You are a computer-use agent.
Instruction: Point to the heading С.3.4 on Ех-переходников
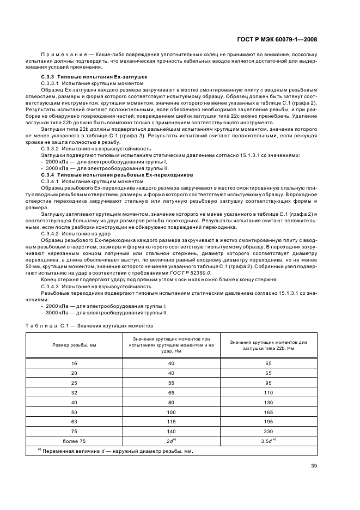[x=117, y=175]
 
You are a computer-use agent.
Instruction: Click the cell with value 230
[x=267, y=429]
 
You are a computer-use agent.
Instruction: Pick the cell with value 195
[x=267, y=420]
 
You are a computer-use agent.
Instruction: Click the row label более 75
[x=74, y=439]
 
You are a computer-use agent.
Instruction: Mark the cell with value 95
[x=267, y=382]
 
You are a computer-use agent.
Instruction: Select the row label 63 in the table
[x=74, y=420]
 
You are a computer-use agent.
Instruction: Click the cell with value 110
[x=267, y=392]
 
